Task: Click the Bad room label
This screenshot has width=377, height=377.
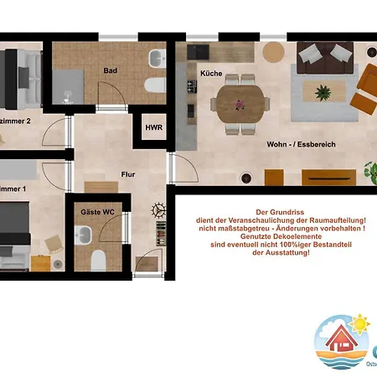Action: tap(110, 71)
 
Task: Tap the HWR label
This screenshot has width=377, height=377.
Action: tap(154, 127)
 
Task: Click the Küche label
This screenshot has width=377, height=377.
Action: tap(211, 74)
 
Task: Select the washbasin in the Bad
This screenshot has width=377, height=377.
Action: tap(157, 59)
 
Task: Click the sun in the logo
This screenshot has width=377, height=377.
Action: tap(361, 323)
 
